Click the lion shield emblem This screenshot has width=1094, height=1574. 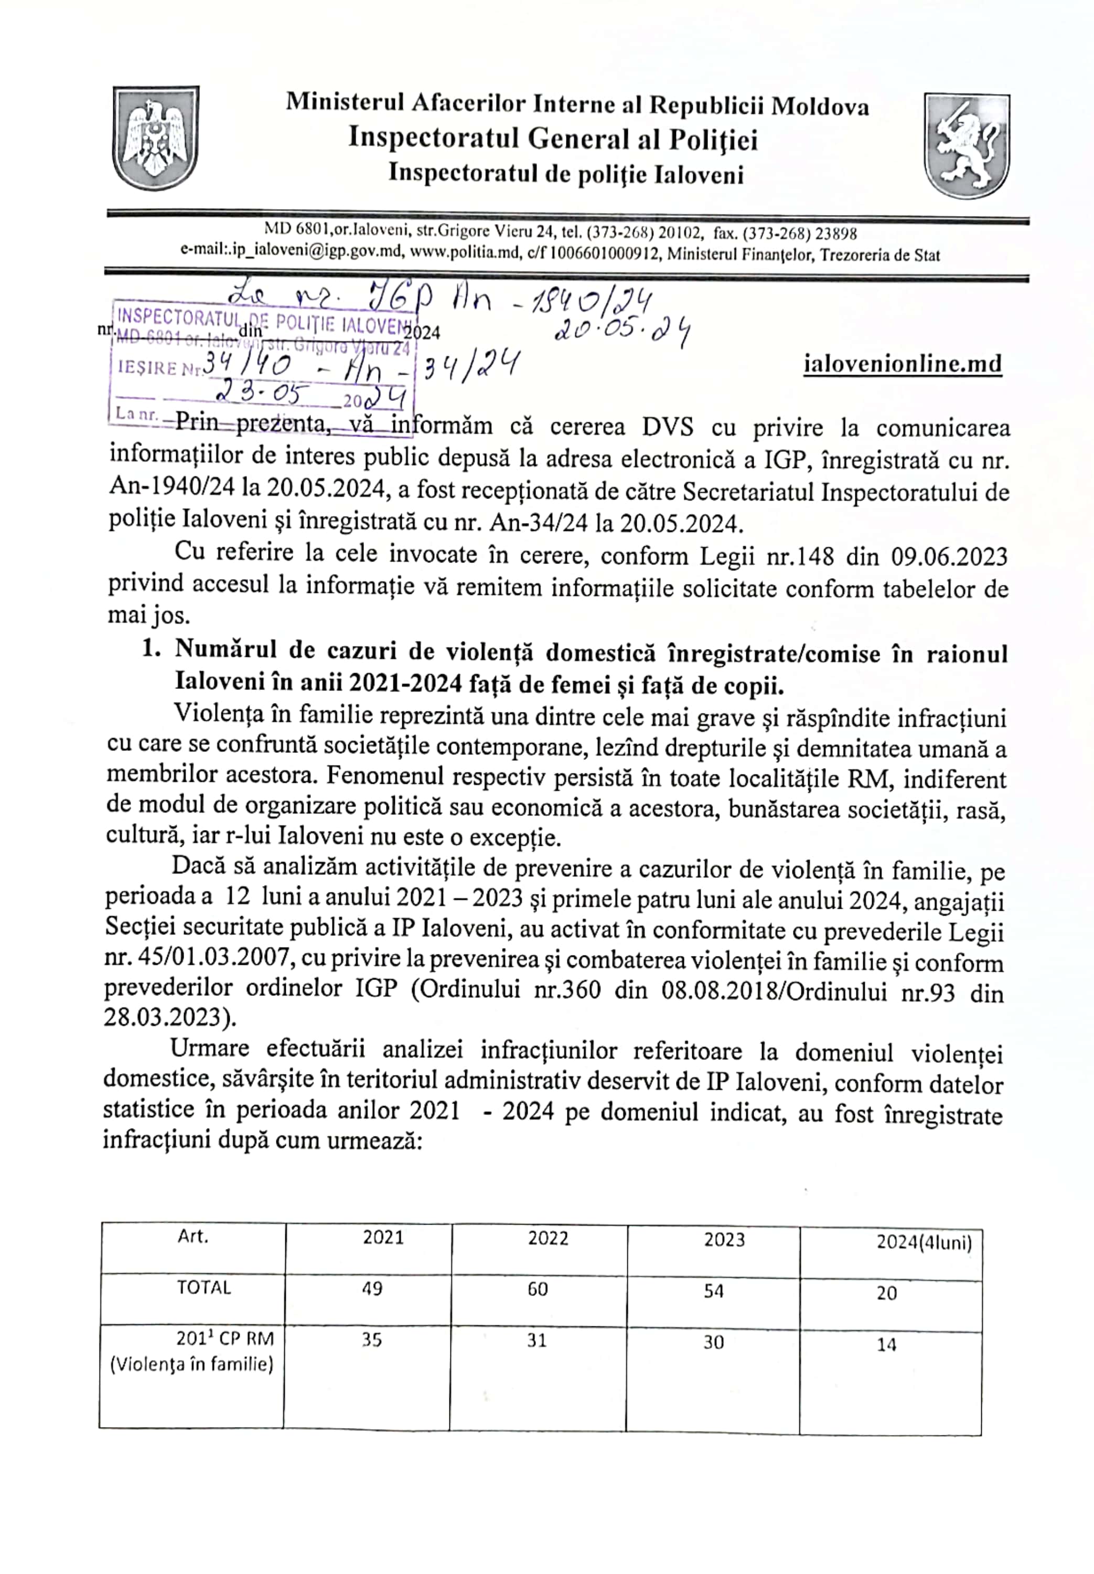tap(967, 146)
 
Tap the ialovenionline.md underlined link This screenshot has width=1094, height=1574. tap(902, 364)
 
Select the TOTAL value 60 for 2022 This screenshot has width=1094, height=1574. tap(538, 1290)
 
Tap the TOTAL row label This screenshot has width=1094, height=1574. tap(203, 1288)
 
